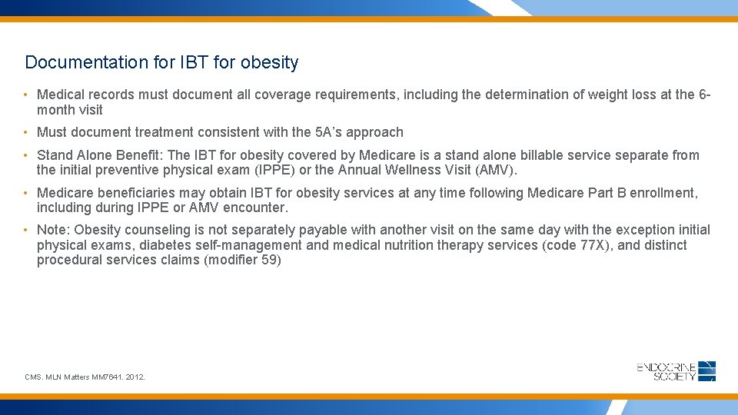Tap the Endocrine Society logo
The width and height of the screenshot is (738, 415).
pos(676,371)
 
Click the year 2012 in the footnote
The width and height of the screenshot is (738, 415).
pos(135,377)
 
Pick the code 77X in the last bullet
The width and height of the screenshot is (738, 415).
pos(591,245)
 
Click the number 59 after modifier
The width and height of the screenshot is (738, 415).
pos(271,260)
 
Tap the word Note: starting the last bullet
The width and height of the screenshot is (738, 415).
pos(53,230)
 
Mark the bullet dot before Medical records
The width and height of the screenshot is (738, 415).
pos(26,95)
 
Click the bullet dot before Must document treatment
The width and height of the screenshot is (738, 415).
pos(26,132)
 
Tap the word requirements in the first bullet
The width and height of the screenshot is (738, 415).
pos(347,95)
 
